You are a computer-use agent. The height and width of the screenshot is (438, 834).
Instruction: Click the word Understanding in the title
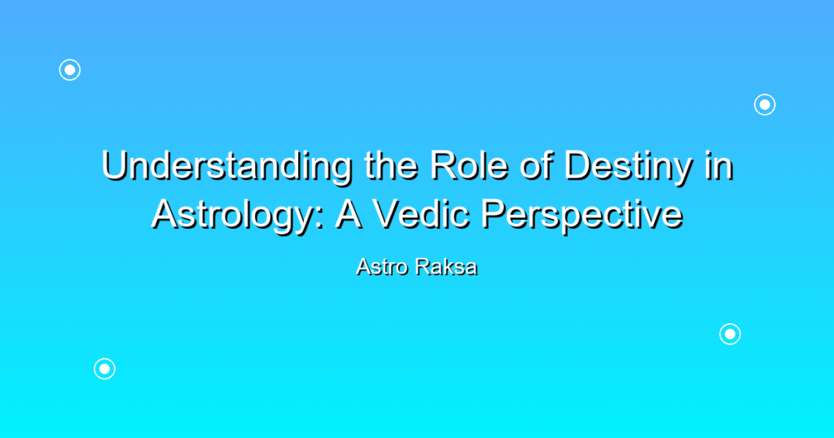click(226, 167)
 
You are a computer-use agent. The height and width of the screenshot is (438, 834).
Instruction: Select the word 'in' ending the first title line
click(719, 166)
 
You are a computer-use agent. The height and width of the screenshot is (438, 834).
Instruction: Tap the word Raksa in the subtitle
click(446, 267)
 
